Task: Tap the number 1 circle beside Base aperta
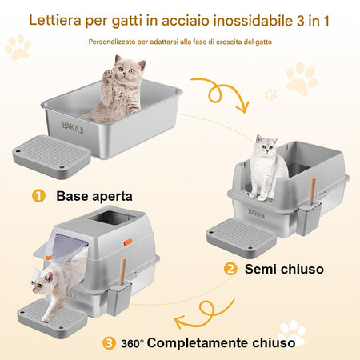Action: point(38,196)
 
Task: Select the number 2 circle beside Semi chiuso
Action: point(230,269)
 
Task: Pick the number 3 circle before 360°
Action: point(109,343)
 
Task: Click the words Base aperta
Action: point(94,197)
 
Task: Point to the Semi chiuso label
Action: point(284,269)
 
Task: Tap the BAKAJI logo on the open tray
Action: point(73,127)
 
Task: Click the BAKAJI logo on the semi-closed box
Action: point(257,214)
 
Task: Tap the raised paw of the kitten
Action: point(108,75)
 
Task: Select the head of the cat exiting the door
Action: point(42,281)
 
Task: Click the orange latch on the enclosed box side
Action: point(128,242)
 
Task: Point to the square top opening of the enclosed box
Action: point(112,218)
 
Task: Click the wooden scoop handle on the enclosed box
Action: point(123,270)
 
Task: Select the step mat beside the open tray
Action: point(52,157)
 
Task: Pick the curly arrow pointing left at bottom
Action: point(206,314)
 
